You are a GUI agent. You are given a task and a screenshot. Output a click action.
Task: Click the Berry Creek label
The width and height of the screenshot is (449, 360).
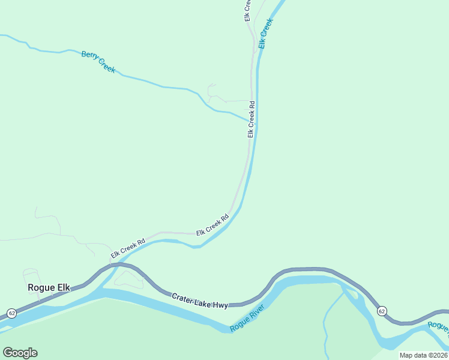(x=98, y=62)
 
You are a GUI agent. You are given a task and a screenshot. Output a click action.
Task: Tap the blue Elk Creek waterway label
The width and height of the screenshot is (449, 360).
(x=266, y=34)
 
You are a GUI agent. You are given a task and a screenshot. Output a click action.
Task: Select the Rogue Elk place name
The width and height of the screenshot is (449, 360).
(x=49, y=287)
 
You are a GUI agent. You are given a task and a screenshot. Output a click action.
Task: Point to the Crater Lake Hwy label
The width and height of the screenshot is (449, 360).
(x=200, y=301)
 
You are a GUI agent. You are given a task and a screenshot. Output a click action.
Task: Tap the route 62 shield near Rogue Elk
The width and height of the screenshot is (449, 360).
(x=11, y=313)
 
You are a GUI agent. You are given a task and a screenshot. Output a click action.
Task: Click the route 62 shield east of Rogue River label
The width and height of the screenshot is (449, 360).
(x=381, y=311)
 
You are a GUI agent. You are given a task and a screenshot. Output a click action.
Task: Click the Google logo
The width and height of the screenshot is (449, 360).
(x=20, y=353)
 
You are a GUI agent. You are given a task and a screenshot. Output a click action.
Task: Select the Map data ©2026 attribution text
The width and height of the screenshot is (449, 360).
(x=423, y=355)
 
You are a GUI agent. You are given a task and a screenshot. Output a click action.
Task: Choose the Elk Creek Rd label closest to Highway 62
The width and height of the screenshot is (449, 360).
(x=128, y=250)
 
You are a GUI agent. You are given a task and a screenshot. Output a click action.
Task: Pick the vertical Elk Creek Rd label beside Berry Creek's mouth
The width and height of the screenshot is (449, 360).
(x=252, y=119)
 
